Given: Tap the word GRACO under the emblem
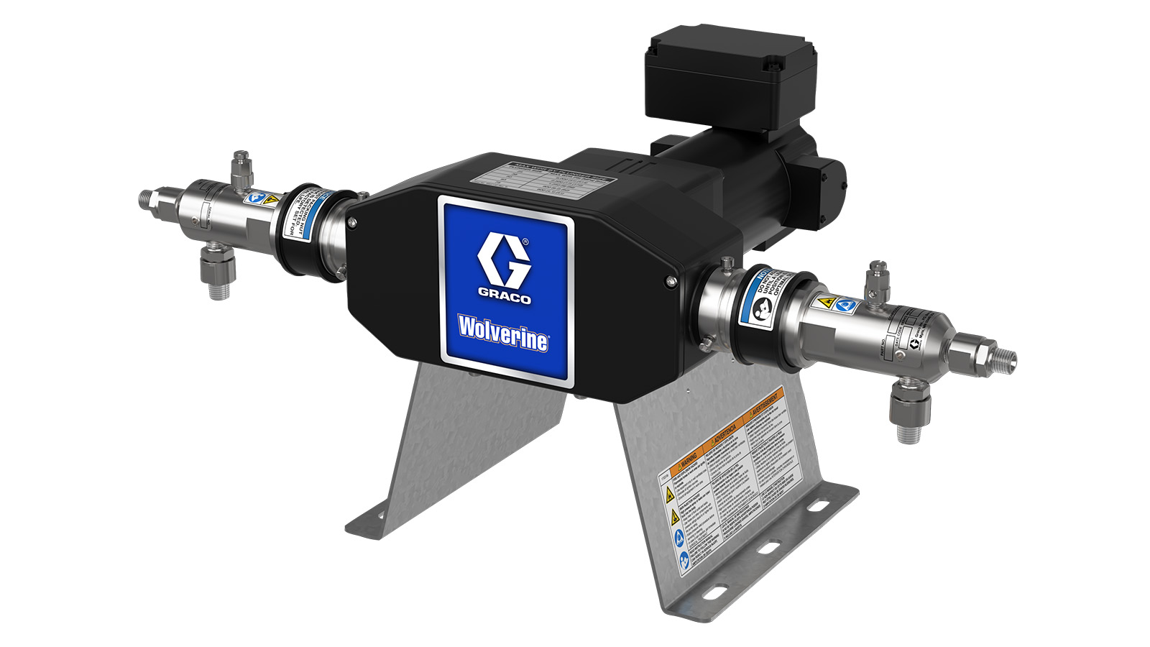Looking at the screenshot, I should click(505, 297).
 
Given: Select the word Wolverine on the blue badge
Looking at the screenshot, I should click(504, 333).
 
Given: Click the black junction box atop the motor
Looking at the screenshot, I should click(730, 75).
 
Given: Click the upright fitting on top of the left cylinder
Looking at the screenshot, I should click(237, 170).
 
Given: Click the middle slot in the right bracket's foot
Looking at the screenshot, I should click(768, 549).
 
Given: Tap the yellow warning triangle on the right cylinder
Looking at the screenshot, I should click(827, 303).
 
